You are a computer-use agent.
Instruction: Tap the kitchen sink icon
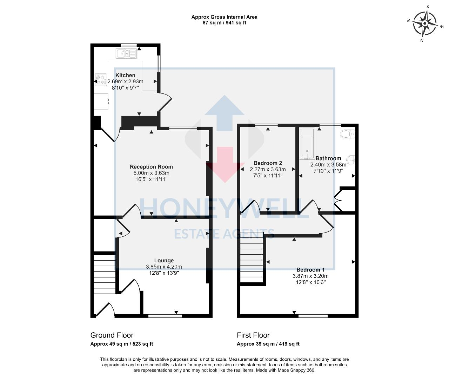pos(126,54)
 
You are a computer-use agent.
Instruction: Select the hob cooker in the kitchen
pos(101,79)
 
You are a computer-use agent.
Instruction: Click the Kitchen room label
pos(125,75)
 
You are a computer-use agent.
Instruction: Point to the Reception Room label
pos(151,167)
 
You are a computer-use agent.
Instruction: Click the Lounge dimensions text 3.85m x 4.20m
pos(164,267)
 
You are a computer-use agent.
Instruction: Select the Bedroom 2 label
pos(268,163)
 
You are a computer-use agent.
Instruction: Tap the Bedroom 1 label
pos(310,270)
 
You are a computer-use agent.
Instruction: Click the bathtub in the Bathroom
pos(307,144)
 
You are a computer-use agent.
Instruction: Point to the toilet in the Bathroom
pos(348,134)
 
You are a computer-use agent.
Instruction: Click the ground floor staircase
pos(105,274)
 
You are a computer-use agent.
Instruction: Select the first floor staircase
pos(252,260)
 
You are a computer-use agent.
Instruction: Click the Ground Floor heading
pos(112,335)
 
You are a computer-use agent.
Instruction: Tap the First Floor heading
pos(253,335)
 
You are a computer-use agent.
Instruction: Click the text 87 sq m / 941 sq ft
pos(224,23)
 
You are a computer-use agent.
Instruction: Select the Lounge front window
pos(165,316)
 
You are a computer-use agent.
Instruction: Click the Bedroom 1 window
pos(313,316)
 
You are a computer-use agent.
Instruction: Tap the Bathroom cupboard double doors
pos(337,201)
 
